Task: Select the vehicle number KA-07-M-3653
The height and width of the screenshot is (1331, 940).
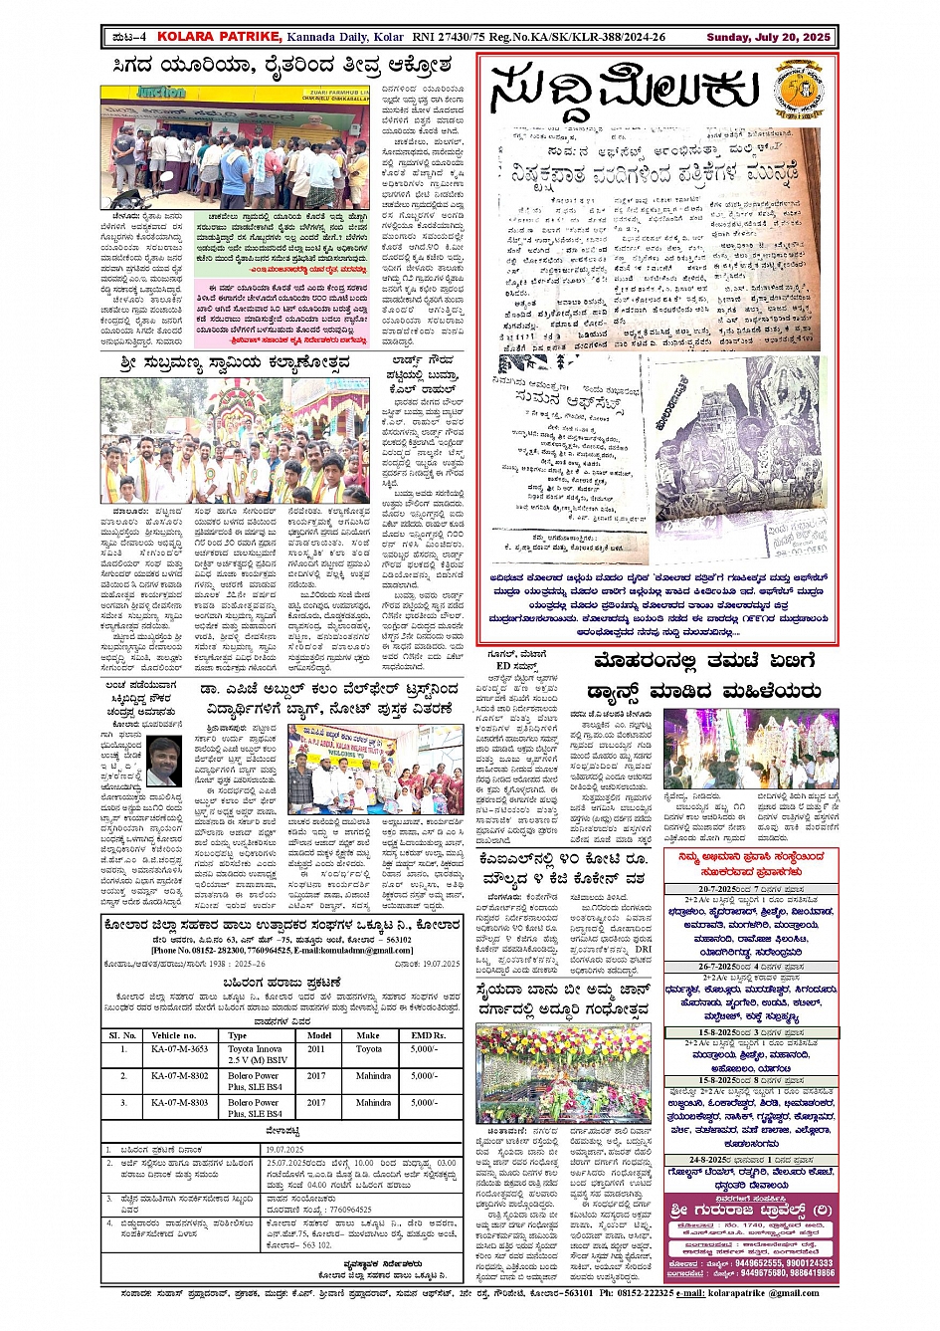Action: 179,1049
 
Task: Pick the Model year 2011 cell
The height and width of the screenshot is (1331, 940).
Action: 315,1049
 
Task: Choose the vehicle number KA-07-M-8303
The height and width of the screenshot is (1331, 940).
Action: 179,1103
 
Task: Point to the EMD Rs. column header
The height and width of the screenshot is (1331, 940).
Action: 429,1035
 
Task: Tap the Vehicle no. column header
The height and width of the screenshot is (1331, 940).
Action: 174,1035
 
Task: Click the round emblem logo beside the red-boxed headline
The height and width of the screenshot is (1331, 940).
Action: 798,90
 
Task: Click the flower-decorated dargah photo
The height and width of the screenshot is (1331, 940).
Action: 549,1075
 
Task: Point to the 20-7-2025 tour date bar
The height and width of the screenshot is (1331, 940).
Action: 752,889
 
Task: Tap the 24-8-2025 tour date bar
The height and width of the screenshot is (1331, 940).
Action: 752,1160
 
